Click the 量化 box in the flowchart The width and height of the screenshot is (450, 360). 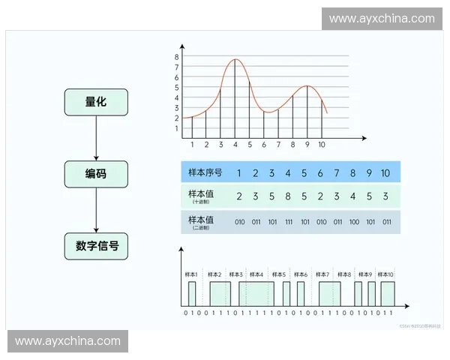click(96, 102)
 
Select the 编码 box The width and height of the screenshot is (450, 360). click(96, 174)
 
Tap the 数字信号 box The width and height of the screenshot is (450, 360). click(96, 246)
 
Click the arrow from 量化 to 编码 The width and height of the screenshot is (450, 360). click(96, 138)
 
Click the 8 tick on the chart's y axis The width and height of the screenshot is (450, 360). click(177, 57)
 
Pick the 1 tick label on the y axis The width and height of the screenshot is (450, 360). click(177, 128)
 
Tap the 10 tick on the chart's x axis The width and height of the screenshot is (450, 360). click(322, 145)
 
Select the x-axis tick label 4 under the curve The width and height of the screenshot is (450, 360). click(235, 145)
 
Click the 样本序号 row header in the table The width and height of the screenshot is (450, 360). click(202, 173)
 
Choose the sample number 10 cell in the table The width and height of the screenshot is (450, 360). click(385, 173)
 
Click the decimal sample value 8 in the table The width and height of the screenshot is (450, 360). click(288, 196)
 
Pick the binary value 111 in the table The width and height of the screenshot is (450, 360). click(288, 222)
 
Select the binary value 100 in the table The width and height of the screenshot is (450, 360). click(353, 222)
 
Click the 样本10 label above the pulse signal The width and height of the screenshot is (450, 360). click(385, 275)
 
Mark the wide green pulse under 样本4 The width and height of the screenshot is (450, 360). click(256, 293)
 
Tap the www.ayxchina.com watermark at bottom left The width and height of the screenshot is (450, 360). click(67, 341)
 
